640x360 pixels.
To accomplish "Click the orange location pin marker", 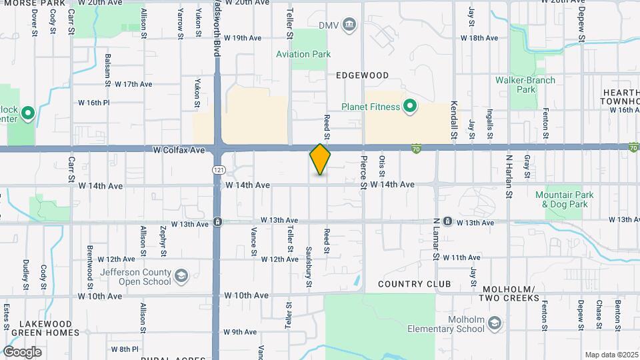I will (x=320, y=159).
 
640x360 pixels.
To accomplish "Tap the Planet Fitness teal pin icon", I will (x=409, y=106).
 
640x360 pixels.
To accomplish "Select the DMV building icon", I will (x=349, y=26).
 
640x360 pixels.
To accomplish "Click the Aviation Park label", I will (x=303, y=54).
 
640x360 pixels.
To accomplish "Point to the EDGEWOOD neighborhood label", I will (x=362, y=75).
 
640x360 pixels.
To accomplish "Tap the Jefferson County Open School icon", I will (x=181, y=276).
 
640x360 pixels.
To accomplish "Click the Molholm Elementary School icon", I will (x=494, y=323).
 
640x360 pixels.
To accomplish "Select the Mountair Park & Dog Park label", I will (x=563, y=200).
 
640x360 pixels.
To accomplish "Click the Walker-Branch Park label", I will (x=525, y=85).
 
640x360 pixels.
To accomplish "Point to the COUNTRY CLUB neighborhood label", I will (x=414, y=284).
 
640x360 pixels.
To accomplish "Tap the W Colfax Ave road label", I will (x=178, y=151).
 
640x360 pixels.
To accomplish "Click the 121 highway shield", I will (x=219, y=171).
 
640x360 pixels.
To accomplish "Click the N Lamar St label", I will (x=436, y=238).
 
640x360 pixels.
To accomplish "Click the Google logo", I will (x=22, y=351).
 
